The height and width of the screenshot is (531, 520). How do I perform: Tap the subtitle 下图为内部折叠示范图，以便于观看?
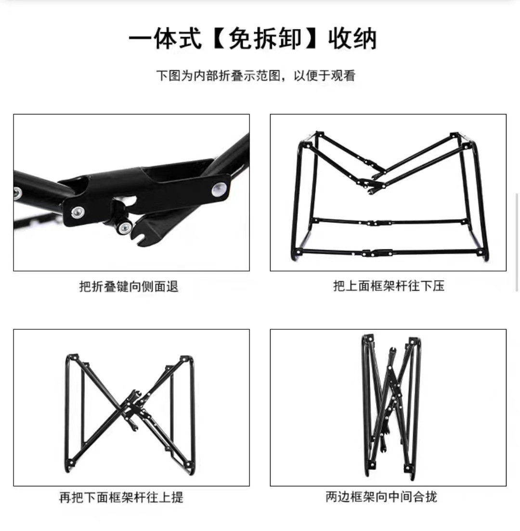pos(256,76)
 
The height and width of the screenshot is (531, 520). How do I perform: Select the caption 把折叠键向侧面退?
pos(129,286)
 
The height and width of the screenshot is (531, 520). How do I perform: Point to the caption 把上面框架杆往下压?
pos(389,286)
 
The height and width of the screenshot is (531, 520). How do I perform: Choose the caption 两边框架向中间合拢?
pos(381,496)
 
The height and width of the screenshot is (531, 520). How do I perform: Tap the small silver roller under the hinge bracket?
pos(124,227)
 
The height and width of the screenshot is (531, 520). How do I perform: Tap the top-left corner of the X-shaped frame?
pos(72,358)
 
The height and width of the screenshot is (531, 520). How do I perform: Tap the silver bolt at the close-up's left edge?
pos(18,193)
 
